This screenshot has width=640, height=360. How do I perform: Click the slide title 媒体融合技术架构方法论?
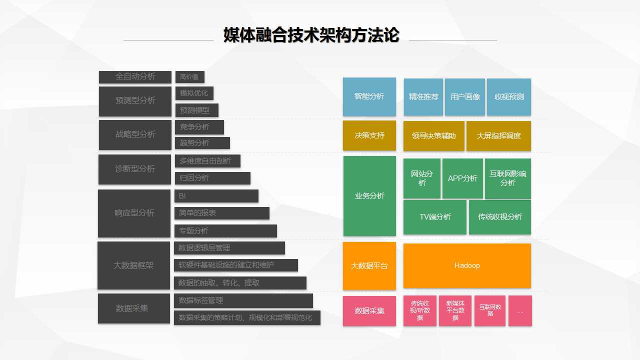pyautogui.click(x=311, y=35)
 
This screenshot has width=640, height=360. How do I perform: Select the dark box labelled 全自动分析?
pyautogui.click(x=135, y=77)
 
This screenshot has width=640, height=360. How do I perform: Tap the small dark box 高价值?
pyautogui.click(x=189, y=77)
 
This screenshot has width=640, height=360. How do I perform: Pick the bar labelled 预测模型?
pyautogui.click(x=197, y=110)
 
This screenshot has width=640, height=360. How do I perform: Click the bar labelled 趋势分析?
pyautogui.click(x=202, y=143)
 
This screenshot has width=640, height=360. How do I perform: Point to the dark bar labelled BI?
pyautogui.click(x=216, y=196)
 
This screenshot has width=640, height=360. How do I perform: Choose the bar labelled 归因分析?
pyautogui.click(x=212, y=178)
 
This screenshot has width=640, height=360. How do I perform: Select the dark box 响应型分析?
pyautogui.click(x=134, y=213)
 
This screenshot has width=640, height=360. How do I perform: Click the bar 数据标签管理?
pyautogui.click(x=243, y=300)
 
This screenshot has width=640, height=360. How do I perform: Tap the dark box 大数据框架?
pyautogui.click(x=133, y=265)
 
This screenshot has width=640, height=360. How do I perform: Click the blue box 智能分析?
pyautogui.click(x=369, y=96)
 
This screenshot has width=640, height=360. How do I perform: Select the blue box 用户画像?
pyautogui.click(x=465, y=97)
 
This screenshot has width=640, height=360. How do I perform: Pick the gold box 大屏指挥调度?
pyautogui.click(x=498, y=136)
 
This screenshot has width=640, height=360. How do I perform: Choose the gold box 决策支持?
pyautogui.click(x=369, y=135)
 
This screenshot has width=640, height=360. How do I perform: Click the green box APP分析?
pyautogui.click(x=462, y=178)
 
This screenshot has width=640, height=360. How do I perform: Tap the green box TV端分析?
pyautogui.click(x=435, y=217)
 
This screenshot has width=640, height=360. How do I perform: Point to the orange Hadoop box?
pyautogui.click(x=467, y=265)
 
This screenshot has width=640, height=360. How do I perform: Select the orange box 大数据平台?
pyautogui.click(x=369, y=266)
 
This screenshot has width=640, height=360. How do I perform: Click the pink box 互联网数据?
pyautogui.click(x=490, y=311)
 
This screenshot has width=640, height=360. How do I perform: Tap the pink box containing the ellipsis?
pyautogui.click(x=520, y=311)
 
